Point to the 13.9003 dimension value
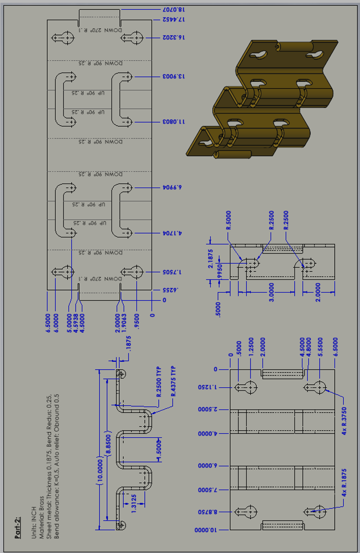pos(173,76)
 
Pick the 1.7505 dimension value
pos(173,272)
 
